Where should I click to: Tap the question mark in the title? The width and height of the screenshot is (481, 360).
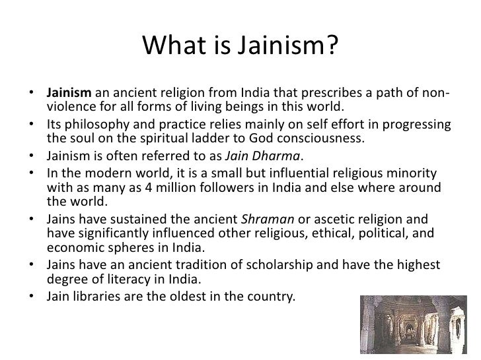332,46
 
